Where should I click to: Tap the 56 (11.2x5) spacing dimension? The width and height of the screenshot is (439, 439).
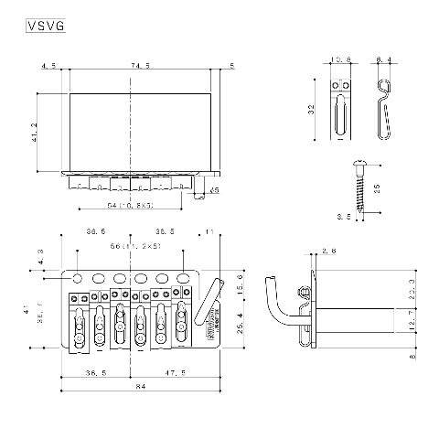coord(135,247)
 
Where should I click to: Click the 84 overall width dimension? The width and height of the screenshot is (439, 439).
coord(140,388)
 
